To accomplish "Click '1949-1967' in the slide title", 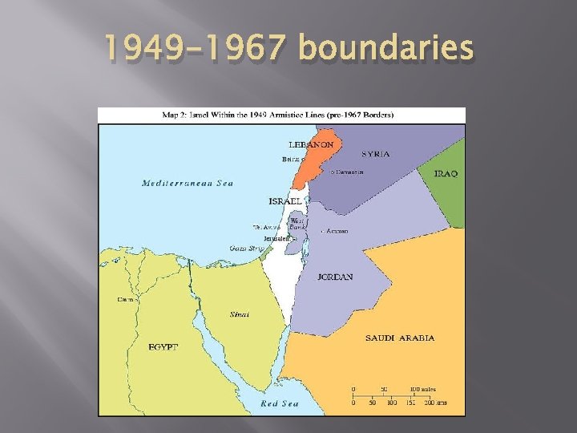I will point(200,50).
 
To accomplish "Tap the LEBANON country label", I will point(310,144).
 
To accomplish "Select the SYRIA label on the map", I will point(376,154).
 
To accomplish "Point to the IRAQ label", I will point(446,173).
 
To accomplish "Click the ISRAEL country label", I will point(285,200).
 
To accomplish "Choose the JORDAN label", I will point(335,277).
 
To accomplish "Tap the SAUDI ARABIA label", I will point(400,338).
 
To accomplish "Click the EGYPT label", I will point(163,346).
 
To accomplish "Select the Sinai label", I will point(240,314).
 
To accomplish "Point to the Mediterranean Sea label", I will point(188,183).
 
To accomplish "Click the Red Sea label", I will point(280,403).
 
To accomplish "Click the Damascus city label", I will point(349,172).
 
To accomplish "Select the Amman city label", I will point(336,231).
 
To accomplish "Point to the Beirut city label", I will point(290,160).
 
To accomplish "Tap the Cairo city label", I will point(127,299).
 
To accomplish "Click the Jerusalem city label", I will point(278,239).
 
